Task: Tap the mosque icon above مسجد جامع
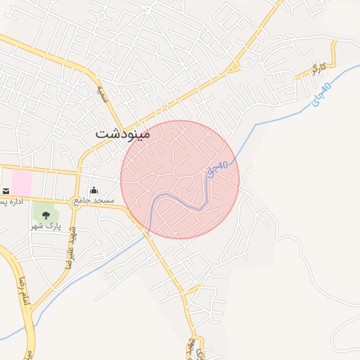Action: tap(94, 191)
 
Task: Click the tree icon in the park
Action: tap(46, 215)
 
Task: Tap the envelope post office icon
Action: tap(6, 191)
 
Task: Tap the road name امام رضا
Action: tap(21, 288)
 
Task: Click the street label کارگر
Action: tap(320, 69)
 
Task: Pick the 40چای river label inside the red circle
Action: tap(217, 169)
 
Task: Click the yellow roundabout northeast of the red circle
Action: tap(235, 67)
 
